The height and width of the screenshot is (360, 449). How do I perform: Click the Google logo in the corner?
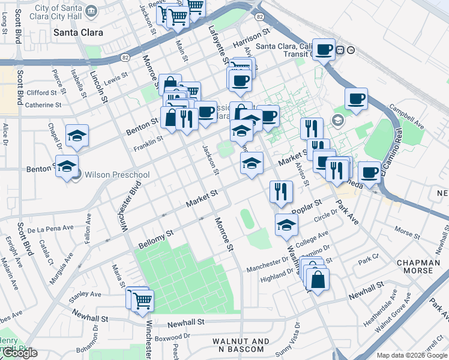[19, 353]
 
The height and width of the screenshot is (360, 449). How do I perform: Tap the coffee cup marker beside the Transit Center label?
[324, 50]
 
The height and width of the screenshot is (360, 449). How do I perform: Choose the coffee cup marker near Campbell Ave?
[356, 99]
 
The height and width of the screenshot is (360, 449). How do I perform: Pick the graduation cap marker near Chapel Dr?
[77, 136]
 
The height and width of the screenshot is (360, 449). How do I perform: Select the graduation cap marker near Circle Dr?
[286, 225]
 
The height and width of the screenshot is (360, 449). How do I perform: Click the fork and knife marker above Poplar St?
[281, 192]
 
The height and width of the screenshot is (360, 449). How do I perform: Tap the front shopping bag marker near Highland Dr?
[318, 280]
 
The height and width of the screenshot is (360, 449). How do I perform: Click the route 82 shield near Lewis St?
[125, 58]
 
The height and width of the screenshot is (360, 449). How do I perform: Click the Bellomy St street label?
[155, 239]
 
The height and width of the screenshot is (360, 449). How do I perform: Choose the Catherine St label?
[43, 105]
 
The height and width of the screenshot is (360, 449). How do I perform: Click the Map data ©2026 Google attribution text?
[412, 355]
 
